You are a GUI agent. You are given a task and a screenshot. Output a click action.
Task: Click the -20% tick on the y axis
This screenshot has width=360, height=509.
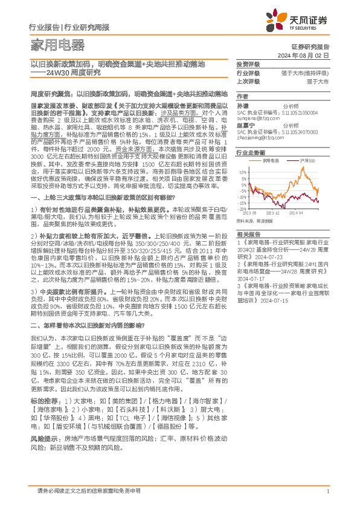(x=242, y=209)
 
